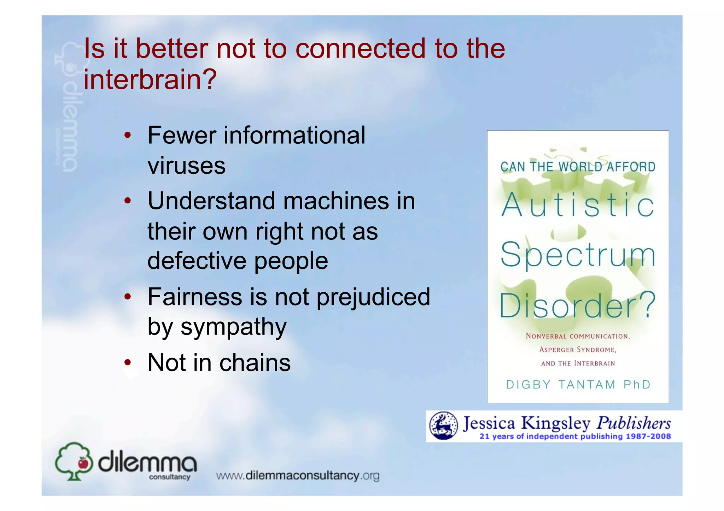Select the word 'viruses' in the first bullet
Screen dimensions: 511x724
(x=186, y=165)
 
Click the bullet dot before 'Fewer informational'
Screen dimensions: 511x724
(x=128, y=135)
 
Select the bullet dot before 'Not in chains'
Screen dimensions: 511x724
(x=128, y=363)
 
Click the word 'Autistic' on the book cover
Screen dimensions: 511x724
(x=578, y=205)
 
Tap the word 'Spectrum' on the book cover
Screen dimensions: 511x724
(x=578, y=255)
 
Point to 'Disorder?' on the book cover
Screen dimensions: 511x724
(x=578, y=305)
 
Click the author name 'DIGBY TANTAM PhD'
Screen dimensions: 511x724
(x=578, y=385)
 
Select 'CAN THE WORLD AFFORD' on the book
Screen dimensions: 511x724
(x=578, y=167)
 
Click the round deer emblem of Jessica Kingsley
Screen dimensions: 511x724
(x=443, y=426)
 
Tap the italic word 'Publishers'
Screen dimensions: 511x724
(x=633, y=423)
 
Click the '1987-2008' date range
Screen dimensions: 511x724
(x=648, y=436)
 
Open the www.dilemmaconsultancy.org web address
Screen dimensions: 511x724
(x=298, y=476)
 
